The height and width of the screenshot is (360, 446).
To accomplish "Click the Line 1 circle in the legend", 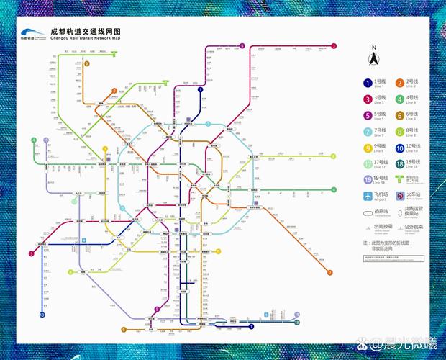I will [x=368, y=84].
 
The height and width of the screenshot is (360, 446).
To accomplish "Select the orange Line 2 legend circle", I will [x=399, y=84].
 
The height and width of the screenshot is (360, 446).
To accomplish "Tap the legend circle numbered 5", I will [x=368, y=116].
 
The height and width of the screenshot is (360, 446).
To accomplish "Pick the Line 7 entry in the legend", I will [x=368, y=132].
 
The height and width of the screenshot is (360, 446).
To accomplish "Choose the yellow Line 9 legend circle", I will [x=368, y=148].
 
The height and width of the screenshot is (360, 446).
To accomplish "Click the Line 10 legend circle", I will [x=399, y=148].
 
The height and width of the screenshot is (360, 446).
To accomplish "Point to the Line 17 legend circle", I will [x=368, y=164].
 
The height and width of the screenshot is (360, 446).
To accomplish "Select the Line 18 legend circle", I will [x=399, y=164].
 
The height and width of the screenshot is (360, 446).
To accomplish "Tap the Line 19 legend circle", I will [x=368, y=180].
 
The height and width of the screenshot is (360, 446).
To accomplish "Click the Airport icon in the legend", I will [x=368, y=196].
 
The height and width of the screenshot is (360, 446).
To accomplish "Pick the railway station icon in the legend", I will [x=399, y=196].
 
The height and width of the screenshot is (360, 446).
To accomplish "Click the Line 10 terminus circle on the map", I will [x=42, y=315].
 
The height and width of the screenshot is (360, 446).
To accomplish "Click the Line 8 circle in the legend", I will [x=399, y=132].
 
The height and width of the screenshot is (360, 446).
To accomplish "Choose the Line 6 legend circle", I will [x=399, y=116].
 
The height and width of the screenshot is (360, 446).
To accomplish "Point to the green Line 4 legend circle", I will [x=399, y=99].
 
